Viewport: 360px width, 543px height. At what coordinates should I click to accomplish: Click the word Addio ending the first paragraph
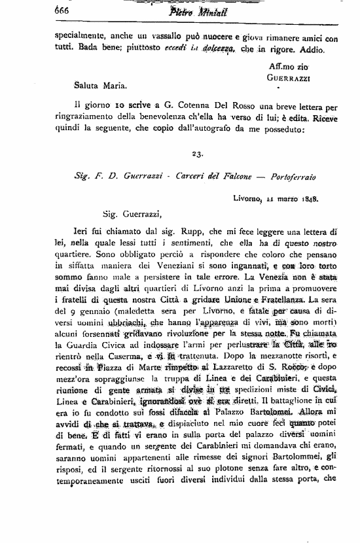305,50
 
